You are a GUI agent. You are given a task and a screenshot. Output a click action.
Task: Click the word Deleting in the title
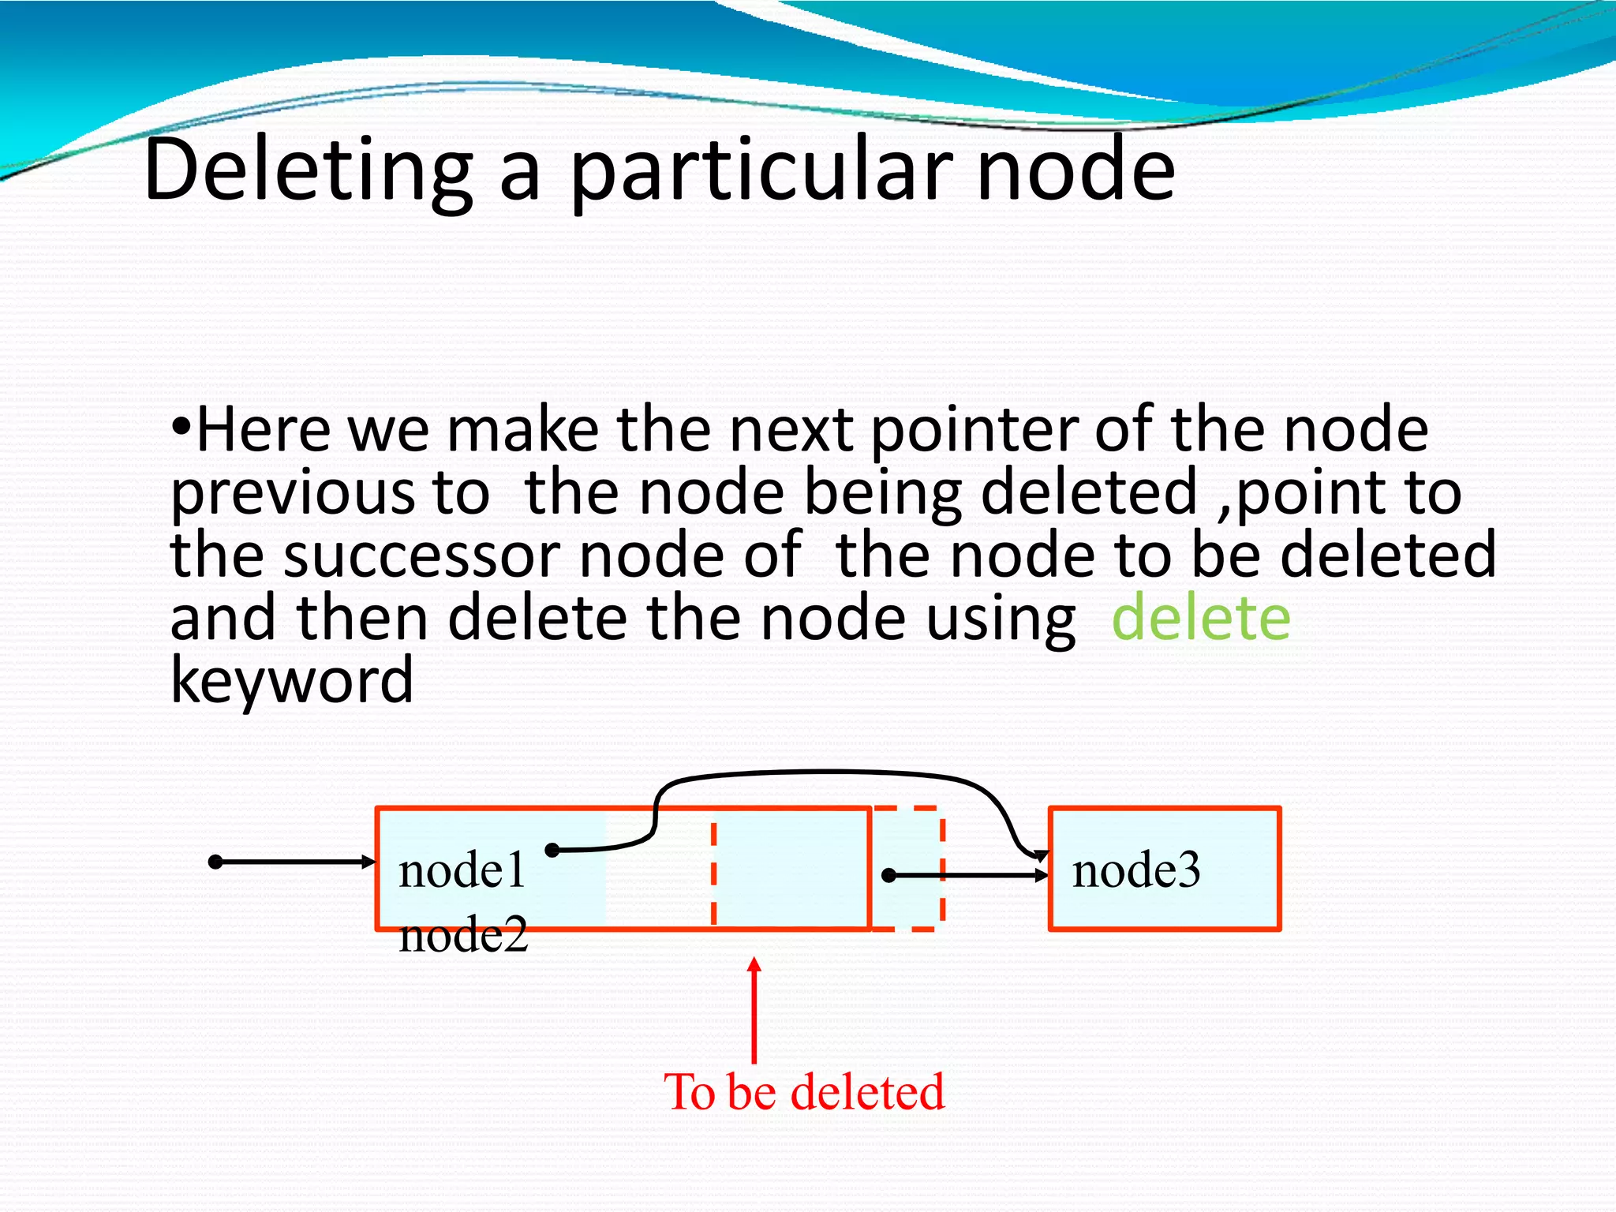(x=308, y=170)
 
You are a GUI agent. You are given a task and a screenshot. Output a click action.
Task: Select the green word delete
(x=1200, y=618)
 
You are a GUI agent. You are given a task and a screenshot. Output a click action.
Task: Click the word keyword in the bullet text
(x=291, y=681)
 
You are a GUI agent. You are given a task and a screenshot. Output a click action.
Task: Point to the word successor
(x=421, y=555)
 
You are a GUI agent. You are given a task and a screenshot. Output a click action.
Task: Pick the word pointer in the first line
(x=973, y=432)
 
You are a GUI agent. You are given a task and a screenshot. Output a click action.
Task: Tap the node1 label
(x=462, y=871)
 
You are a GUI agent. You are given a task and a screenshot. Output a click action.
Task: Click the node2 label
(x=463, y=937)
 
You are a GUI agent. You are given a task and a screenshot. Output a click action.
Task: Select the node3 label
(x=1135, y=871)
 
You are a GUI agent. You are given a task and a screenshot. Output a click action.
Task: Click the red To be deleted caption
(x=804, y=1092)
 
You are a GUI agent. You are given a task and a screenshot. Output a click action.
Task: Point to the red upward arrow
(x=754, y=1009)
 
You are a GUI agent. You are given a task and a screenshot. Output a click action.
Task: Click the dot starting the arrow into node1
(x=215, y=862)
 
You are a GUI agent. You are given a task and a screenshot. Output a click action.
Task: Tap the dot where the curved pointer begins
(x=552, y=850)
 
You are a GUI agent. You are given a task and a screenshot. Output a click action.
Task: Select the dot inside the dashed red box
(x=888, y=875)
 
